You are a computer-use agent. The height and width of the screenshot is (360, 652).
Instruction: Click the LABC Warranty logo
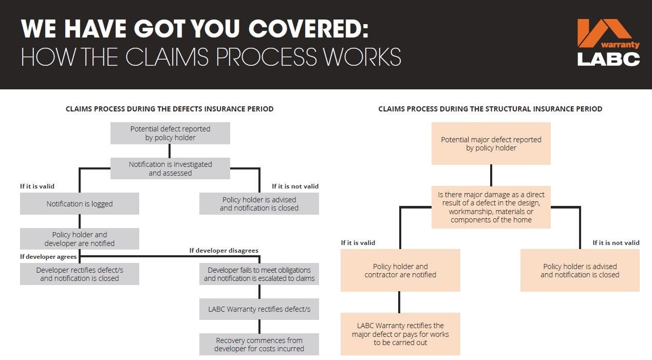pos(608,43)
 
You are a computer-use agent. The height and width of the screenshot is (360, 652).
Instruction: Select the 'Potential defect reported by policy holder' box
pos(170,133)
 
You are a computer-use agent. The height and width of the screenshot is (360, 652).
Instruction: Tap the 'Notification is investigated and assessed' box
pos(170,168)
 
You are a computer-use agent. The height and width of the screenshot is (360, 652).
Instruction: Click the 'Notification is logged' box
pos(80,203)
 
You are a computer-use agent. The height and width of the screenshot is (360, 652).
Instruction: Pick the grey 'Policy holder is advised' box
pos(259,203)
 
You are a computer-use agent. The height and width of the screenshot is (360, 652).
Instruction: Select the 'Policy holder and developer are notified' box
pos(80,239)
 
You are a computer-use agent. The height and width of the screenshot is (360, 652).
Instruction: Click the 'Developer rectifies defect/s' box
pos(80,274)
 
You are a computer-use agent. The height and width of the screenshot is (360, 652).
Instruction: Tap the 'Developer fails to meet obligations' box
pos(259,274)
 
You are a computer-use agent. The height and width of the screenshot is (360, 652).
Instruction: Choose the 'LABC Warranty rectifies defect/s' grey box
pos(259,309)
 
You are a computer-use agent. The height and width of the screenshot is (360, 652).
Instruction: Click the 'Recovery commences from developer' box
pos(259,344)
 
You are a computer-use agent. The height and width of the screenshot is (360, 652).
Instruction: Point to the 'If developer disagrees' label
pos(223,251)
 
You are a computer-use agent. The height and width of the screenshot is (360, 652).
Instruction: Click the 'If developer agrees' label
pos(48,256)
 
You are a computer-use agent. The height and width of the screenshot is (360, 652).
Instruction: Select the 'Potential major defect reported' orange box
pos(491,143)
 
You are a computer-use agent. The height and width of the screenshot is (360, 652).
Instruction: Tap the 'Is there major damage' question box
pos(491,207)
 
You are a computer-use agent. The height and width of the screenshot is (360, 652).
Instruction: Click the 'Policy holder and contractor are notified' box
pos(400,270)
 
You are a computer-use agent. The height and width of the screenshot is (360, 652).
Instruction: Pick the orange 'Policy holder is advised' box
pos(580,270)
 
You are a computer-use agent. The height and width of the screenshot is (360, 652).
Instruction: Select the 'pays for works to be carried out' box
pos(400,334)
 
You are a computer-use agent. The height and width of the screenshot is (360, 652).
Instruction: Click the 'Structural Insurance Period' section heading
pos(490,109)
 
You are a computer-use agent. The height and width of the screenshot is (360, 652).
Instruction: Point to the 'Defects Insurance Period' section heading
pos(170,109)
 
